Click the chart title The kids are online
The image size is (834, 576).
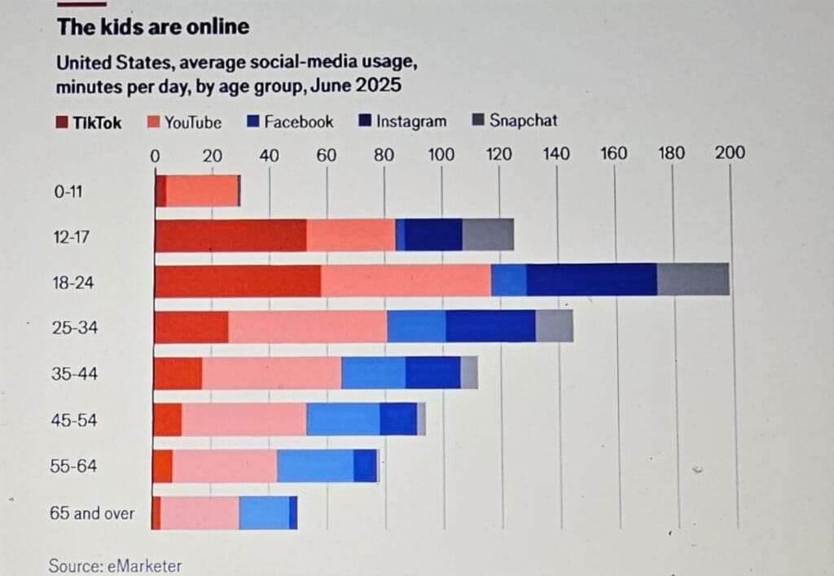[x=153, y=27]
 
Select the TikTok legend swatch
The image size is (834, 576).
[x=64, y=123]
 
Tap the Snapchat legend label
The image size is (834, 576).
[x=524, y=121]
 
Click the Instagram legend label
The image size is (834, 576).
[x=411, y=121]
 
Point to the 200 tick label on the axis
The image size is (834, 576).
[x=730, y=152]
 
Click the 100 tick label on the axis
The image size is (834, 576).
[x=441, y=153]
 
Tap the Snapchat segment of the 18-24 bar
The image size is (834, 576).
[x=693, y=280]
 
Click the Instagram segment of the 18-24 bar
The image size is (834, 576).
[x=591, y=280]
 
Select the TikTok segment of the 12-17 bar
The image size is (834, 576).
[x=230, y=235]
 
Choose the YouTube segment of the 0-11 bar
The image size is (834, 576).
[x=202, y=191]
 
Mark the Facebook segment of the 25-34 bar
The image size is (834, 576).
[x=416, y=327]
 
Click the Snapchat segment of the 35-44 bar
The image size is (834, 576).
[x=469, y=373]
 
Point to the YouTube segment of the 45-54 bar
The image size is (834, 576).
[x=244, y=420]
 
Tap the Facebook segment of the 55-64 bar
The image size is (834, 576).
[x=315, y=466]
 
